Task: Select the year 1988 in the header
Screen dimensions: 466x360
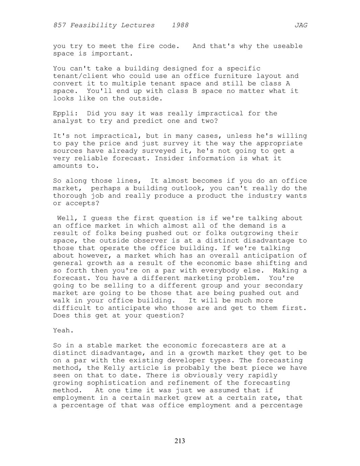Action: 180,25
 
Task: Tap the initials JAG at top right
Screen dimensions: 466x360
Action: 301,25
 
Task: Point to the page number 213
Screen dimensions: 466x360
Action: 180,441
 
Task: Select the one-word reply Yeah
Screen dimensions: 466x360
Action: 63,331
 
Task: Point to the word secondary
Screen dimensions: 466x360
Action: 286,286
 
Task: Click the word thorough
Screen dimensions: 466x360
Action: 70,196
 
